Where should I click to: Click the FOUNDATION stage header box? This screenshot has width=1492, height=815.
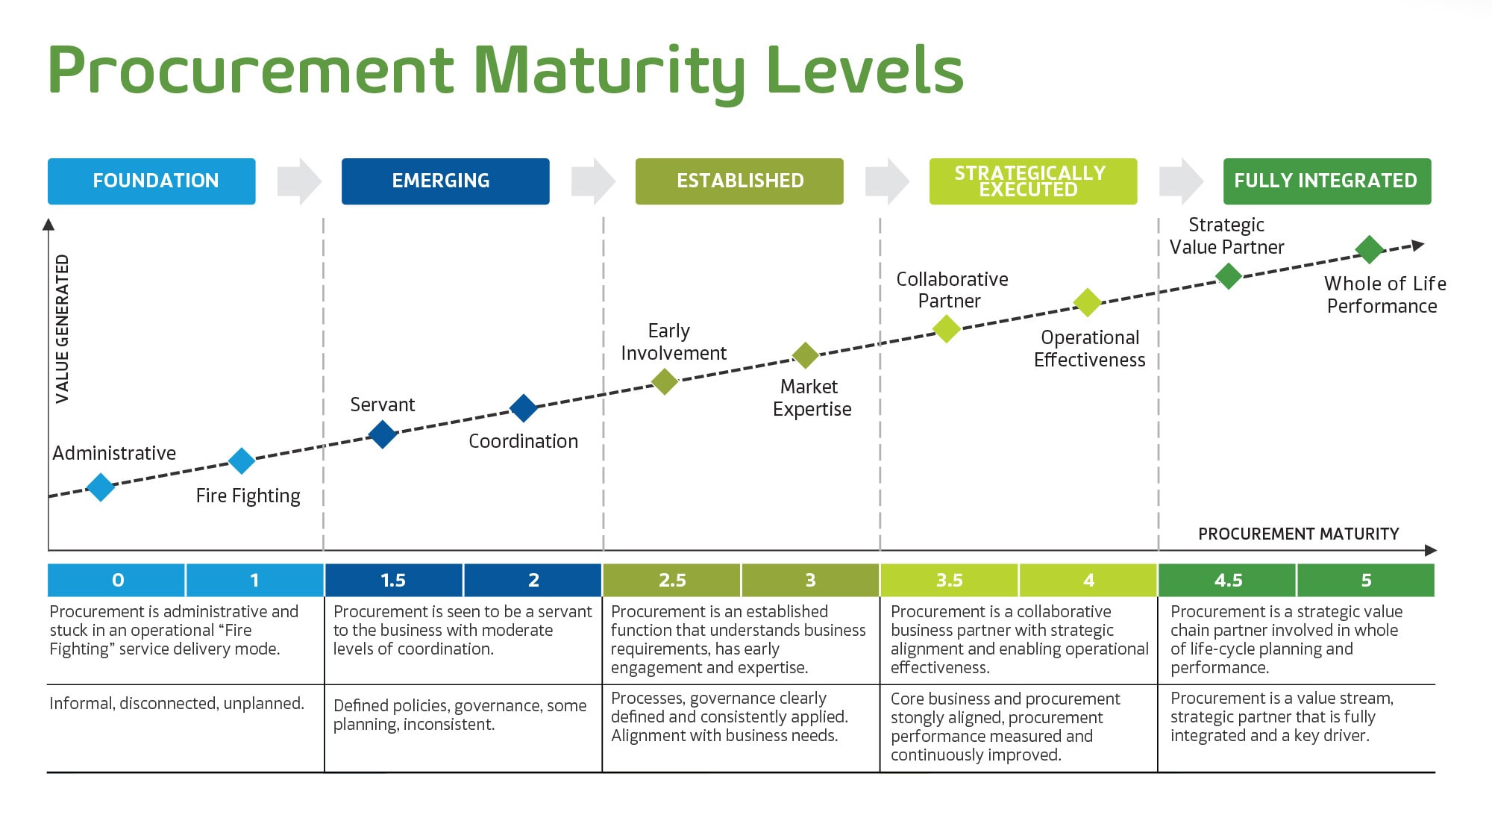151,181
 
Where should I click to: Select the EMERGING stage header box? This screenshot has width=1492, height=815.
445,181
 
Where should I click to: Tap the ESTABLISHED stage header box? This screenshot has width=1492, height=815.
739,181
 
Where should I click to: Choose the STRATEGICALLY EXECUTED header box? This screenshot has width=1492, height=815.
1032,181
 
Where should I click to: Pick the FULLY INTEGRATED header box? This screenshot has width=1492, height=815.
1326,181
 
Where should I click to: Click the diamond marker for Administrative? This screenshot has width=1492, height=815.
101,487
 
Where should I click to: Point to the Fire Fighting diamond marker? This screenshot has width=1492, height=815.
242,460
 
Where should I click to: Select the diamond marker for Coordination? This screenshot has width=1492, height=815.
524,408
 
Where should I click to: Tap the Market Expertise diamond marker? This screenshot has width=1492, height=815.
805,355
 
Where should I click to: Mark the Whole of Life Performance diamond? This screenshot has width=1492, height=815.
1370,249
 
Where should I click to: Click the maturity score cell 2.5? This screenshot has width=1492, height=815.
672,580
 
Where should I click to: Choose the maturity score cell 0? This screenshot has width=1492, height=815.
117,580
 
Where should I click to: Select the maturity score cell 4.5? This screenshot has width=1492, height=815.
1228,580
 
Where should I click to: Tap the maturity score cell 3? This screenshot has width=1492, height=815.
810,580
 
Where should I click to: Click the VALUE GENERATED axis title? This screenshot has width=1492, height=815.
63,329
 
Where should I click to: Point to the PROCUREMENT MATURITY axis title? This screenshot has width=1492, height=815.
1298,534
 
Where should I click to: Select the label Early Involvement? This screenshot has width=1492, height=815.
672,342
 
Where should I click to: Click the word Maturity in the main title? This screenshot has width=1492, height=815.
609,72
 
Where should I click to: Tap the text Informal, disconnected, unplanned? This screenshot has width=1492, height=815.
177,703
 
